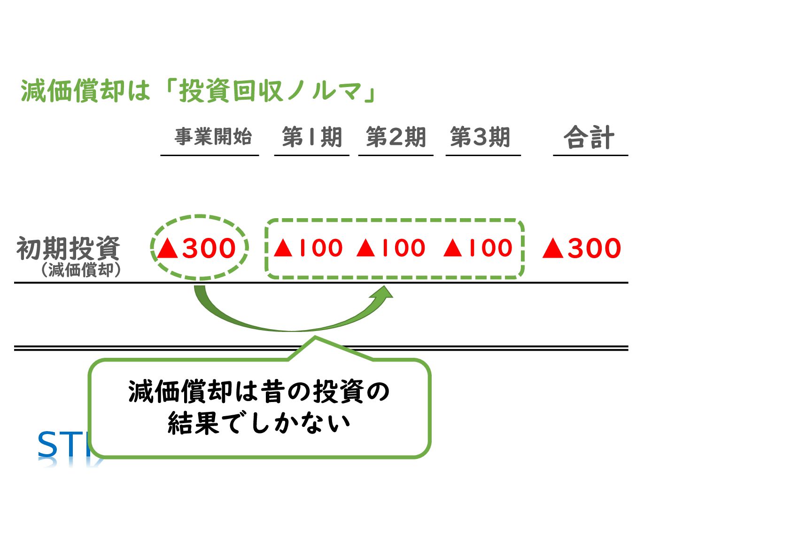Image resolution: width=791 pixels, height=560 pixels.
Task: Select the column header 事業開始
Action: click(x=213, y=137)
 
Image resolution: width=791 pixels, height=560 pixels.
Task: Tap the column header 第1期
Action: click(x=312, y=137)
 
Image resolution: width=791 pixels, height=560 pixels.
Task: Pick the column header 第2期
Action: click(x=396, y=137)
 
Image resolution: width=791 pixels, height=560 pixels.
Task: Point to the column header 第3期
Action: click(x=480, y=137)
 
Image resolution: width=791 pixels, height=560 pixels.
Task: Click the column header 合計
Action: click(x=589, y=138)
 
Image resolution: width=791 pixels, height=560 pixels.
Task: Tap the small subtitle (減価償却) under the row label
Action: click(x=81, y=270)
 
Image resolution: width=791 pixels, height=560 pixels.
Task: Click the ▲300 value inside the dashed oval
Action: click(x=196, y=248)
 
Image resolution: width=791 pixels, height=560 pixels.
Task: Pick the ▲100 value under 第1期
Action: click(x=308, y=248)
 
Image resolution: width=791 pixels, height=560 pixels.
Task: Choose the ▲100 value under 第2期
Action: click(x=391, y=248)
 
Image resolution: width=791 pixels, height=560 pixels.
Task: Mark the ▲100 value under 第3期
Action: click(x=478, y=248)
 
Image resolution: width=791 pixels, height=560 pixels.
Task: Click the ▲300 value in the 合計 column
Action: click(x=582, y=248)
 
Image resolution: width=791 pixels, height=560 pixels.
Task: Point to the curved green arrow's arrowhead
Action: click(x=384, y=292)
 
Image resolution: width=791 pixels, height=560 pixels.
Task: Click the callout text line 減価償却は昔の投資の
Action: click(x=259, y=392)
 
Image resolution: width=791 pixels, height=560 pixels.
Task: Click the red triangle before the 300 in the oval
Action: click(x=168, y=248)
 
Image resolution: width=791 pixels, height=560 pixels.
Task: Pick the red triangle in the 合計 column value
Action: click(x=553, y=248)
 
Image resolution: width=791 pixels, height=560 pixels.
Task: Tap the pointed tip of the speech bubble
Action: click(x=315, y=338)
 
